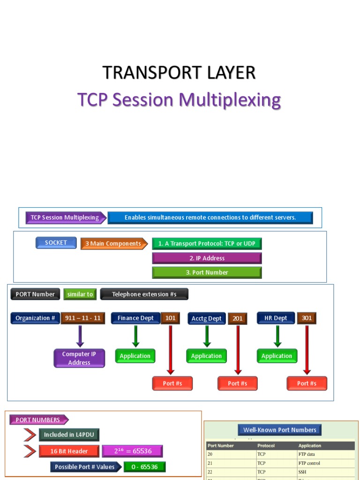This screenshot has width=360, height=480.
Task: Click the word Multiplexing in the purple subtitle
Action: [230, 100]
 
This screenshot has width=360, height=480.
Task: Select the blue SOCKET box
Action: [56, 243]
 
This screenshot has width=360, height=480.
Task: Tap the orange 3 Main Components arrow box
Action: [113, 244]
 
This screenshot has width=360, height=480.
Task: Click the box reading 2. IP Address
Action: [207, 258]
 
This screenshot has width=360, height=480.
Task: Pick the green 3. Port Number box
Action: [207, 272]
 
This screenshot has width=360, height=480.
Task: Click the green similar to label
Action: [80, 294]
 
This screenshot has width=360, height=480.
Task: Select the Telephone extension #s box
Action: [144, 294]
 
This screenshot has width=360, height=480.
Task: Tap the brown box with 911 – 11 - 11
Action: [83, 318]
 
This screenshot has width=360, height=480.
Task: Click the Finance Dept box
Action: [135, 318]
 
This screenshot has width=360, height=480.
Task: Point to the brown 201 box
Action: [238, 319]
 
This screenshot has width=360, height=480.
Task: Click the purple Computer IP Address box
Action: [79, 359]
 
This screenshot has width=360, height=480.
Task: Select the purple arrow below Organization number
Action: [80, 337]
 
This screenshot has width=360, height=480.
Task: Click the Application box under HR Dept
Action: [277, 356]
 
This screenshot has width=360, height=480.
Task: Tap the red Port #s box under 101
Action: [172, 383]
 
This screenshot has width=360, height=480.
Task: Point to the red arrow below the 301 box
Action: [307, 350]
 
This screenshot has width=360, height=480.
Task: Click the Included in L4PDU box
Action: [69, 435]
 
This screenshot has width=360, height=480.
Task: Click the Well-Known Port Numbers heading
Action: [280, 430]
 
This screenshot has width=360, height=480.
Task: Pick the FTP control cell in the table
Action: [309, 463]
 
